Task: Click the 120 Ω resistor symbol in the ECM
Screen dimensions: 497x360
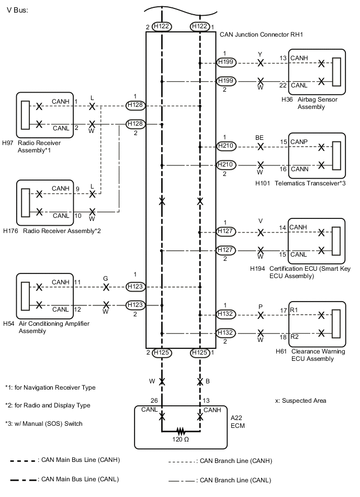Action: [x=181, y=432]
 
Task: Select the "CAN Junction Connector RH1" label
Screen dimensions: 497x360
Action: [x=262, y=35]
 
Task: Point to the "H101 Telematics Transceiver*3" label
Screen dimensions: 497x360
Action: [x=300, y=183]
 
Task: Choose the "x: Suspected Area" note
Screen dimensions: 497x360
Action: [x=300, y=401]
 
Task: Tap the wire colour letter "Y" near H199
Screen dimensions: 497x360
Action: [x=260, y=54]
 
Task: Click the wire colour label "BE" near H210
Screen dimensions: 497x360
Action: [x=260, y=137]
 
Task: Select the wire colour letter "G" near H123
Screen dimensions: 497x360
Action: [x=106, y=278]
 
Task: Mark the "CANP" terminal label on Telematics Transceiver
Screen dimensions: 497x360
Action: [x=300, y=141]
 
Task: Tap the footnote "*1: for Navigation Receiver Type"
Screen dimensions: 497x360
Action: [x=50, y=388]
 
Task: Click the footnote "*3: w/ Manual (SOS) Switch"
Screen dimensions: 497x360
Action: [x=44, y=423]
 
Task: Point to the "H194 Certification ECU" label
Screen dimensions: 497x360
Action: [x=303, y=272]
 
